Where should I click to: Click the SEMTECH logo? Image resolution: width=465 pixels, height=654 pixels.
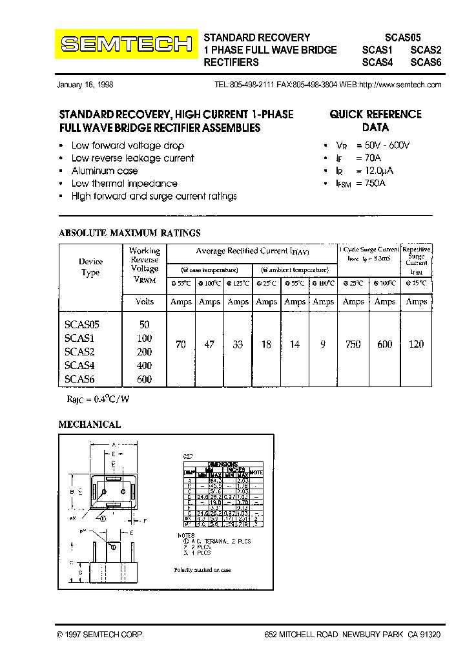127,44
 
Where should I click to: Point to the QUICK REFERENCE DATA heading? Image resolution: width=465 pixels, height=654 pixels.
375,121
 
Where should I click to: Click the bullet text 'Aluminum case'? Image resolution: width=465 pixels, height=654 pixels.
105,171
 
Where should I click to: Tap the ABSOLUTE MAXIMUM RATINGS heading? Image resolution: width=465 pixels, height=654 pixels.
130,233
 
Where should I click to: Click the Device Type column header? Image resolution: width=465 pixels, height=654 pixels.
90,267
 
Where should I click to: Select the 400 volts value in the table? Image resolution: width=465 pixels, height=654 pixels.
145,366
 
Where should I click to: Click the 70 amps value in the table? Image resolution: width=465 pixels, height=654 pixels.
181,344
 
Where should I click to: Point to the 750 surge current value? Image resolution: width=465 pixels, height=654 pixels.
353,344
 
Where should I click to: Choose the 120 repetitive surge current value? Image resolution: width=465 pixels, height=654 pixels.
417,344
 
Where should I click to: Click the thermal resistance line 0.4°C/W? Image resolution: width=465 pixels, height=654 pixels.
98,399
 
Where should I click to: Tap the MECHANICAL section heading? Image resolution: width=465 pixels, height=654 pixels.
90,425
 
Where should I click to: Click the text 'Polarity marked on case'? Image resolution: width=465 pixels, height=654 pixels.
202,570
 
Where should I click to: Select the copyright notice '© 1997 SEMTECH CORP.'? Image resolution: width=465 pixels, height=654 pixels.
100,635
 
